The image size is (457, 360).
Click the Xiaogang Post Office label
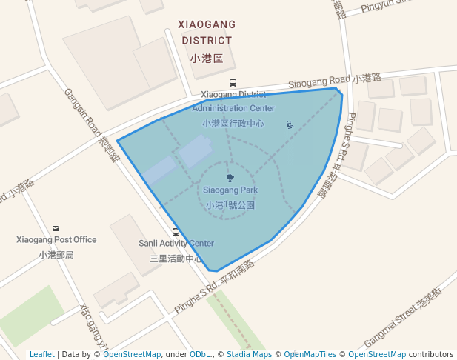tap(56, 239)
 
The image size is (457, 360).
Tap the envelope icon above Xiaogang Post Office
tap(56, 228)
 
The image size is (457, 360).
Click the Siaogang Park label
tap(230, 190)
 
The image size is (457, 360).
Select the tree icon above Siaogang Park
tap(230, 178)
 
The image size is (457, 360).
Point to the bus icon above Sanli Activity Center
tap(176, 232)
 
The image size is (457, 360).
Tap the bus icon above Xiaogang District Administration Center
tap(233, 84)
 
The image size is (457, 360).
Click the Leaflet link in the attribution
tap(41, 354)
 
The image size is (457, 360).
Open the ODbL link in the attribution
tap(200, 354)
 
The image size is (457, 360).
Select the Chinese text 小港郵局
tap(56, 254)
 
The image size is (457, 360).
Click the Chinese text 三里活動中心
tap(176, 259)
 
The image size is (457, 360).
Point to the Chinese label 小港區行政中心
tap(233, 124)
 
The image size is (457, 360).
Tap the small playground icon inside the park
tap(289, 125)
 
